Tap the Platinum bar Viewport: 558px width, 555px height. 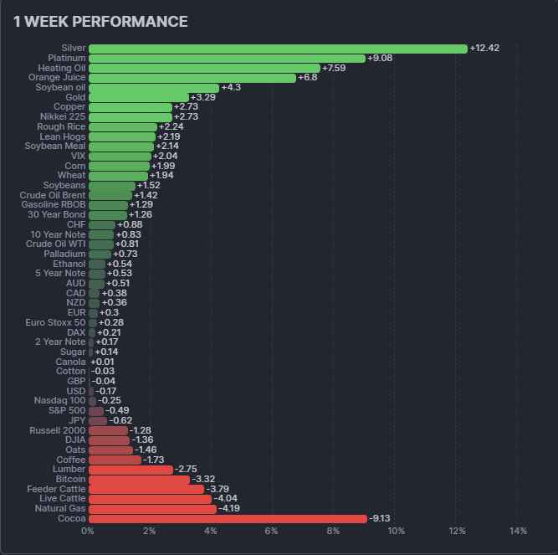click(227, 59)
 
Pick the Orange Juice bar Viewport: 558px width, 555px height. click(192, 78)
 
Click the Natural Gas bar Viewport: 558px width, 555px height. click(152, 508)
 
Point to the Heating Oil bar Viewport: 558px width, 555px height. click(204, 68)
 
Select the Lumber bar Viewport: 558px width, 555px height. click(131, 470)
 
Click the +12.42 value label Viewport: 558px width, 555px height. click(484, 49)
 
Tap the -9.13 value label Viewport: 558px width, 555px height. click(381, 518)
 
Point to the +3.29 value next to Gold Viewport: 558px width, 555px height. click(204, 97)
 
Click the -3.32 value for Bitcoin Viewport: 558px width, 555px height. click(204, 479)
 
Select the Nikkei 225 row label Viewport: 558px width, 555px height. click(63, 116)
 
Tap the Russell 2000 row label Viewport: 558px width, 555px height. click(57, 430)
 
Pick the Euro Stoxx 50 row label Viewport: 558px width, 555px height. click(55, 322)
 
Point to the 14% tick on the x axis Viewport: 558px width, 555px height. click(518, 532)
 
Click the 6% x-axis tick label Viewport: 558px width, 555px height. click(272, 532)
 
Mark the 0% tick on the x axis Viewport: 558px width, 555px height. click(88, 532)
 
